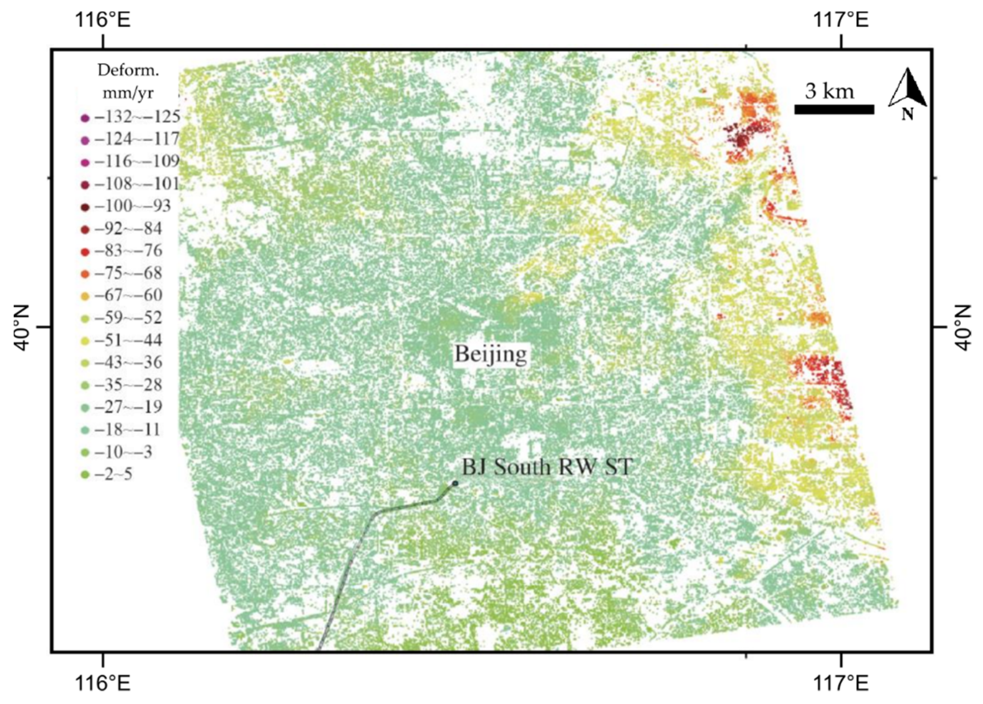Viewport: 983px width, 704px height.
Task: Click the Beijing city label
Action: tap(491, 354)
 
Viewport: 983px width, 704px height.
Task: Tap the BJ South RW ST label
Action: tap(547, 467)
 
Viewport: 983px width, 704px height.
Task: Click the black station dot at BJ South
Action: tap(455, 483)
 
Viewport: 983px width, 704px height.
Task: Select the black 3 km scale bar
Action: tap(834, 110)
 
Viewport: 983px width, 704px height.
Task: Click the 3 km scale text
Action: tap(829, 91)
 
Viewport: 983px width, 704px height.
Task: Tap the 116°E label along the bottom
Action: tap(103, 684)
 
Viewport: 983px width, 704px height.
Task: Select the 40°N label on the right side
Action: tap(963, 327)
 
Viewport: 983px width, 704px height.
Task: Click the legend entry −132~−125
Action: tap(130, 117)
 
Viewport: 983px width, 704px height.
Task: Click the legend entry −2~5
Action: tap(108, 474)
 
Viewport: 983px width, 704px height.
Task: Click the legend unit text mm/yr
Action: tap(128, 93)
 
